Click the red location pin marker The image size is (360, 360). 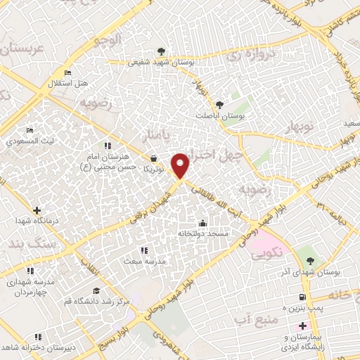pyautogui.click(x=181, y=165)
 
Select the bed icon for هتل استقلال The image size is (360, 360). pyautogui.click(x=67, y=72)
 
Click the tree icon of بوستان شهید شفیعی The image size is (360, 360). pyautogui.click(x=162, y=51)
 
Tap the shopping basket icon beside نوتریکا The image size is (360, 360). pyautogui.click(x=153, y=159)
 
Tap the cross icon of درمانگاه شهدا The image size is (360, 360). pyautogui.click(x=37, y=210)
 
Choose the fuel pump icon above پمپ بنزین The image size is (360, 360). pyautogui.click(x=303, y=297)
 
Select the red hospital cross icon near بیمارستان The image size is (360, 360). pyautogui.click(x=303, y=326)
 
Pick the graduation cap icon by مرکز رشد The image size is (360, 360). pyautogui.click(x=96, y=290)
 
